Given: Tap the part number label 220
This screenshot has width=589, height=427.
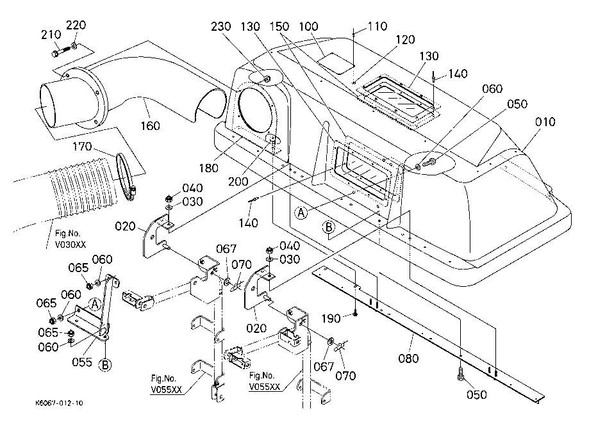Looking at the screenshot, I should coord(76,26).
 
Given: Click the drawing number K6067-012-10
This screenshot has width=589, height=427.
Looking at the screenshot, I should coord(60,403).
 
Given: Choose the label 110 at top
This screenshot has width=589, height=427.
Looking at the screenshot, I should coord(377,27).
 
